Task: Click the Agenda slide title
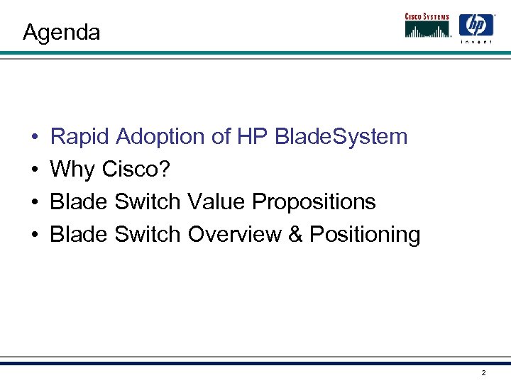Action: [61, 33]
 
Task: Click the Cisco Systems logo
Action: [428, 25]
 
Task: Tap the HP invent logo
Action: [476, 28]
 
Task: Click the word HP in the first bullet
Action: [252, 136]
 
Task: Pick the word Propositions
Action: [314, 202]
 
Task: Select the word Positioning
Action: [365, 235]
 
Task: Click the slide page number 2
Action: [483, 372]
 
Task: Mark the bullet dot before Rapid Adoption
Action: [33, 137]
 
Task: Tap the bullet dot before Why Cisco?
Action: [33, 170]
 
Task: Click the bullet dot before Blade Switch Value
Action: [33, 202]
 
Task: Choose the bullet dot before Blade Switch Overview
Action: [33, 235]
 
